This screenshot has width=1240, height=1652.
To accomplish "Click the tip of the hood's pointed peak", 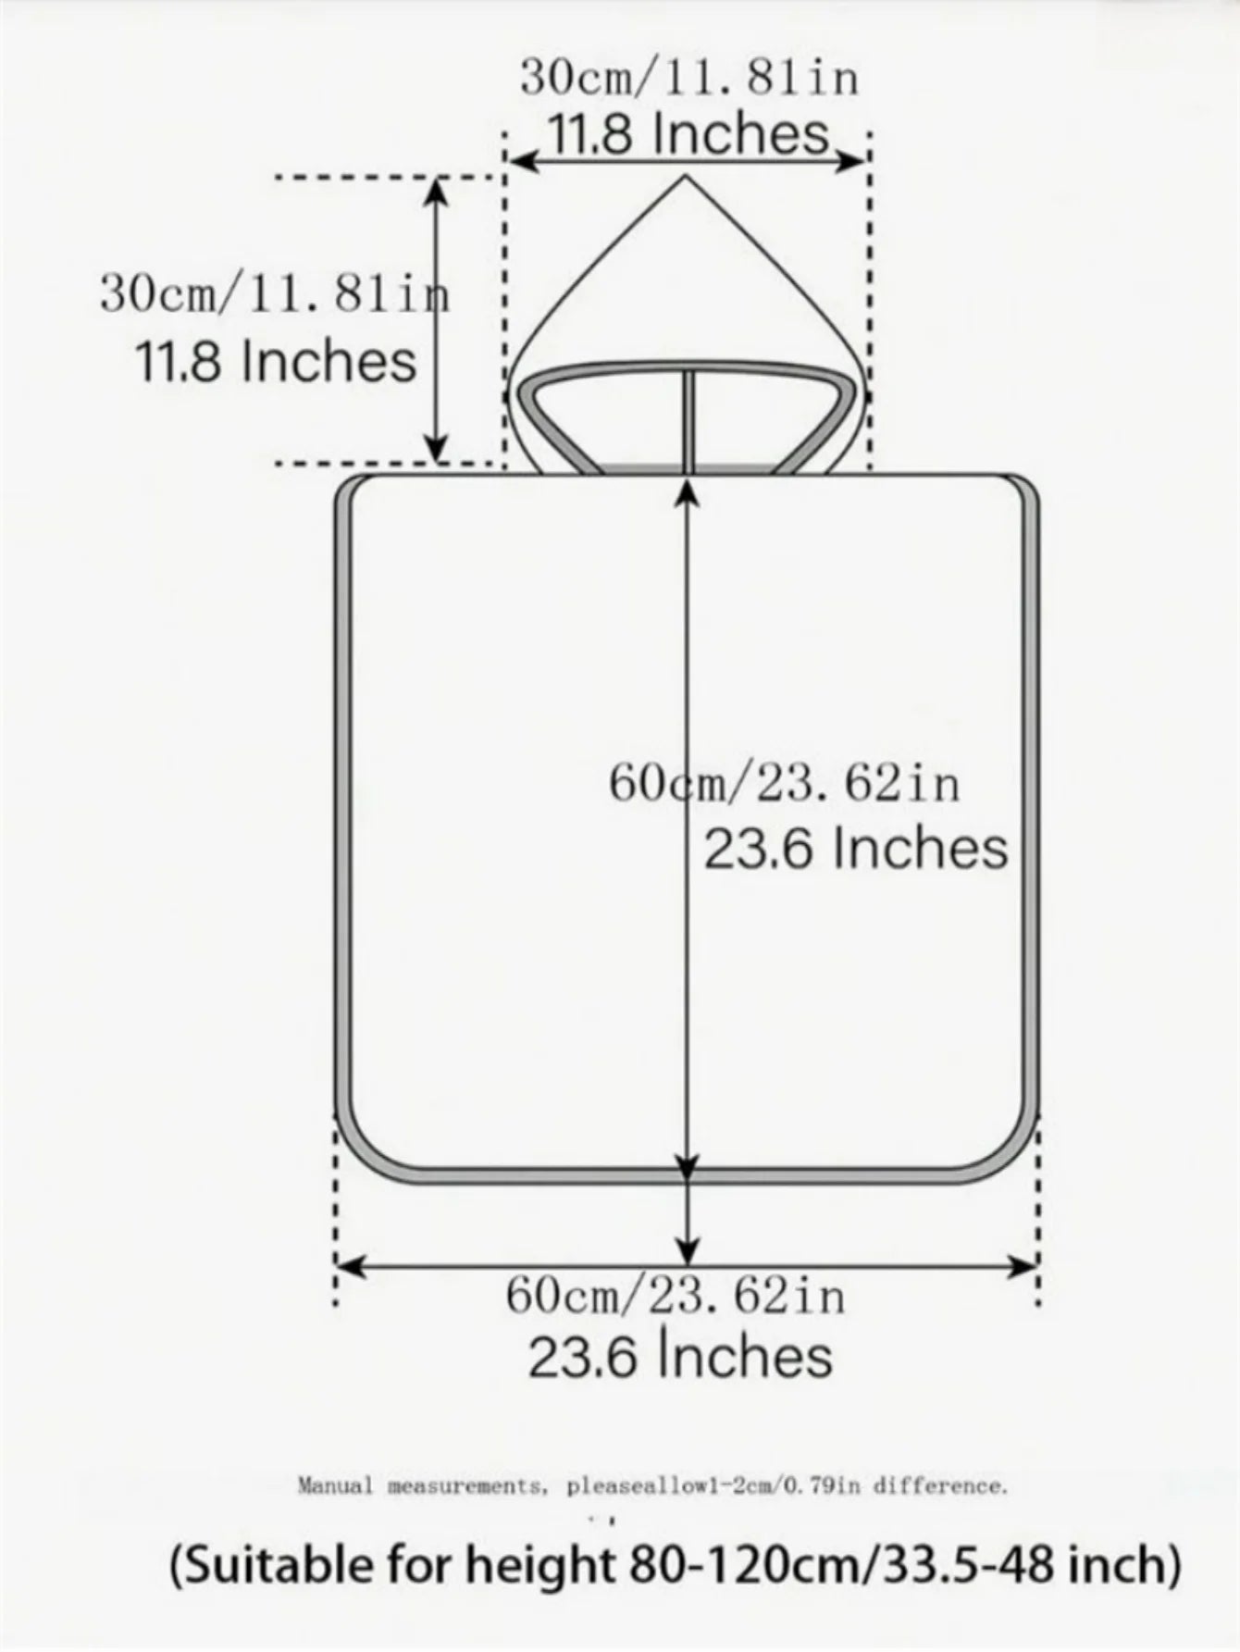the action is point(686,176).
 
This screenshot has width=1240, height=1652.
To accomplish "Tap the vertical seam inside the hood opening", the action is point(689,422).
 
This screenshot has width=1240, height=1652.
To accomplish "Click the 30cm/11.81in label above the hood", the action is point(689,77).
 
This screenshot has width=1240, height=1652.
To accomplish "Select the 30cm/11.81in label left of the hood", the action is point(276,295).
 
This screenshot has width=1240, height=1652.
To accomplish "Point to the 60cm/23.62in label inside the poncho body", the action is point(785,783).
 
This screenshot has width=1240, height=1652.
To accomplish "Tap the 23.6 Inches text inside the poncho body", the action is point(856,849).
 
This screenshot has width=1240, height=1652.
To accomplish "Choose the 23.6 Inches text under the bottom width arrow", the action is point(681,1356).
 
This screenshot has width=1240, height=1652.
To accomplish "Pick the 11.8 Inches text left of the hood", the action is point(277,361).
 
